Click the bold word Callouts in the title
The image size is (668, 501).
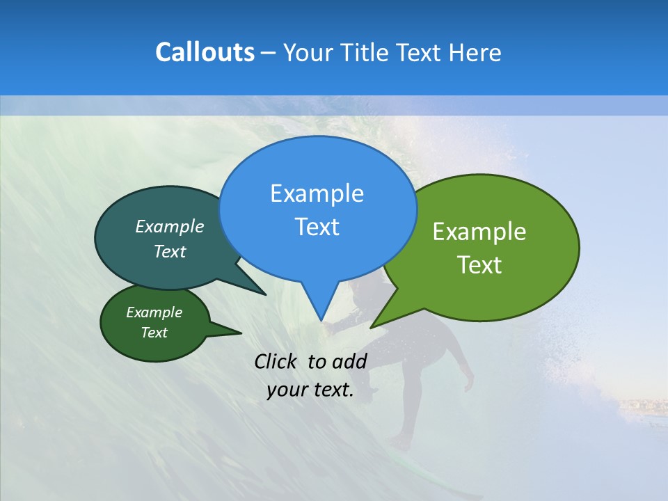tap(205, 53)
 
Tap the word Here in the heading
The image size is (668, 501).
tap(475, 53)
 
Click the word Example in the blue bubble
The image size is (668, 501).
tap(317, 193)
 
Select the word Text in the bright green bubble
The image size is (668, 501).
tap(479, 265)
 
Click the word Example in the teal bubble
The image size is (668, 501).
tap(169, 226)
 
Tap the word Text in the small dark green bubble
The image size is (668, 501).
tap(154, 333)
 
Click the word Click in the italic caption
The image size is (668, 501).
tap(277, 361)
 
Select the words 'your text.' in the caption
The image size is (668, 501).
tap(310, 390)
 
